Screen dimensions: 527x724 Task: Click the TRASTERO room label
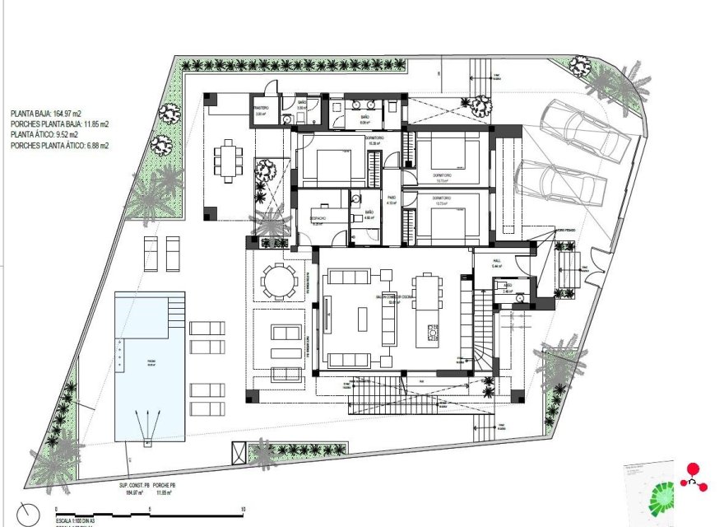click(x=261, y=108)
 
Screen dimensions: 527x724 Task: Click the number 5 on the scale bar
click(x=149, y=510)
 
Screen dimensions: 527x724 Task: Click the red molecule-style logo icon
click(x=692, y=477)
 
